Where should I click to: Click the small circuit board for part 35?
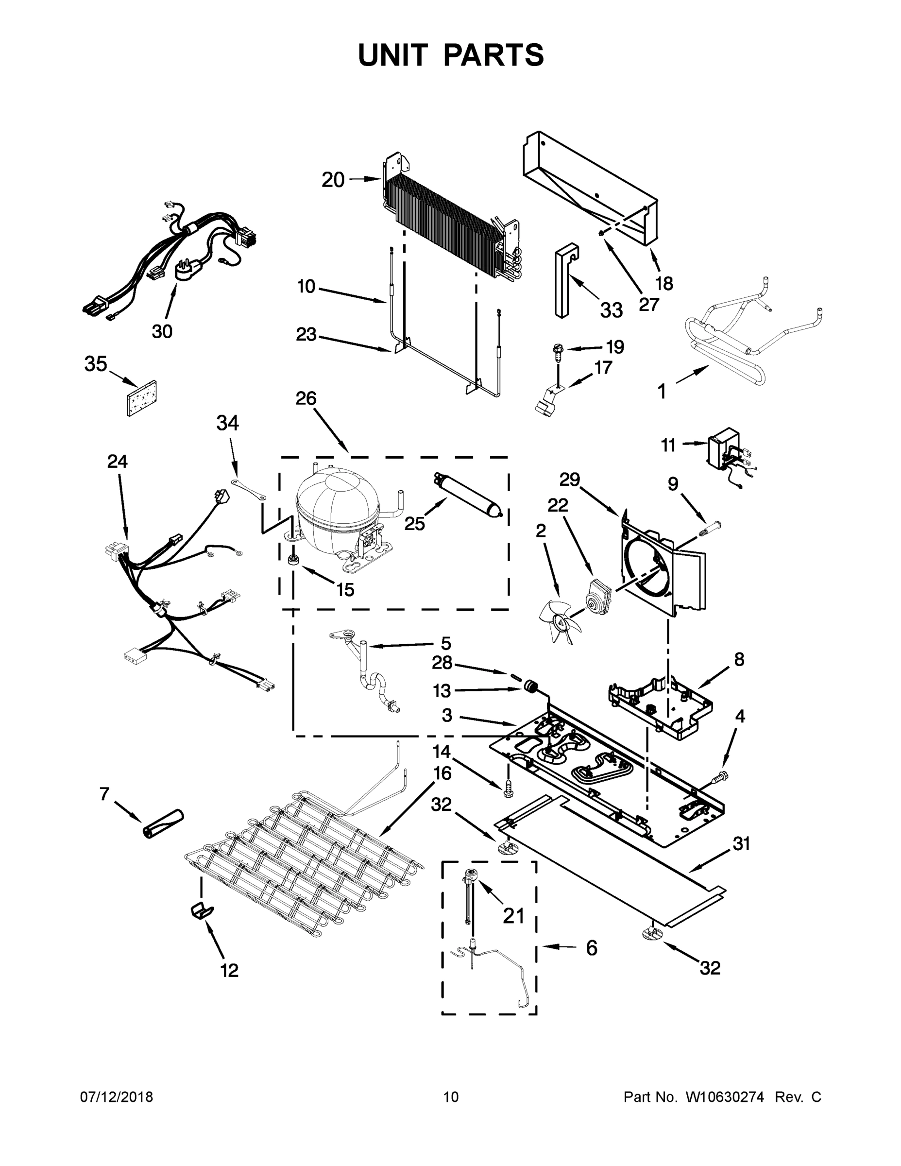(x=141, y=398)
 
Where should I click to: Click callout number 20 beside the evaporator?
(x=333, y=180)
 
